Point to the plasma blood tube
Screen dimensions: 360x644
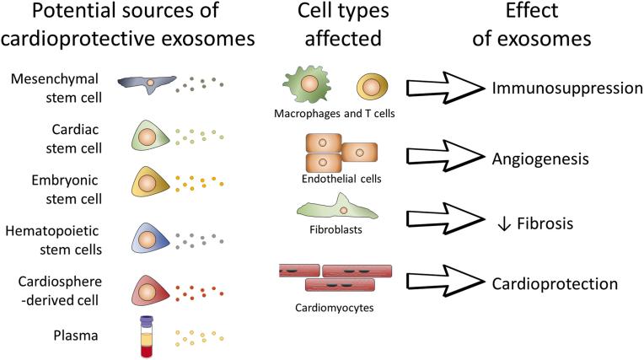[x=145, y=336]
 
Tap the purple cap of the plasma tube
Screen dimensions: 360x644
[x=145, y=321]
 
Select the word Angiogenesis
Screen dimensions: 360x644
[x=541, y=158]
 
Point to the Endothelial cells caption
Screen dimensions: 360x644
[x=335, y=178]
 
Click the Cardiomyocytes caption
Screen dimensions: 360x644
[x=335, y=307]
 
